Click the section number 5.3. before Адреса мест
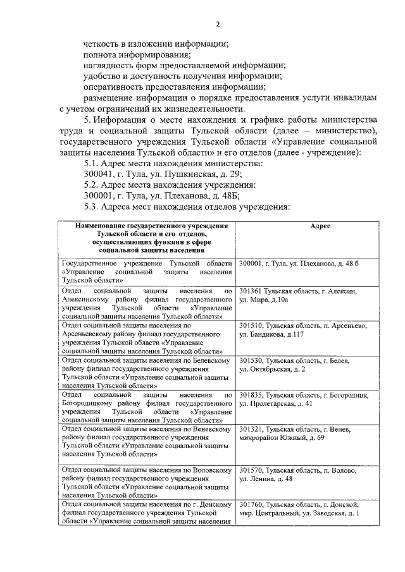96,207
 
